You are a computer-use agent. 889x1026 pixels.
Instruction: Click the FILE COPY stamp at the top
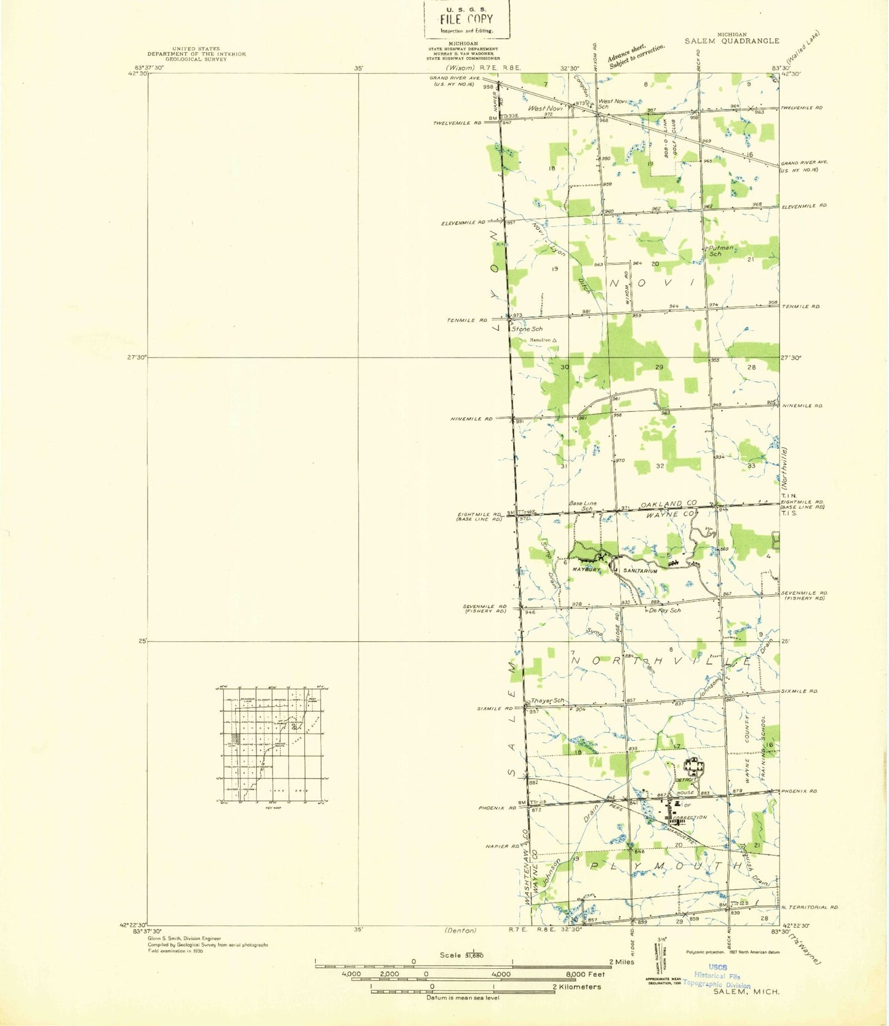click(x=466, y=19)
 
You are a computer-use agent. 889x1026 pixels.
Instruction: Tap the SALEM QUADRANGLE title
click(x=732, y=41)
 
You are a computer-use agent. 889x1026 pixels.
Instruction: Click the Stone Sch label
click(x=528, y=329)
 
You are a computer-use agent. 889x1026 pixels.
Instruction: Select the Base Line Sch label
click(x=583, y=506)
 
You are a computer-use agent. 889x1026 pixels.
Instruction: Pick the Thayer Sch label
click(x=547, y=701)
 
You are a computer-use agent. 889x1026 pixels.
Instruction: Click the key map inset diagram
click(x=270, y=744)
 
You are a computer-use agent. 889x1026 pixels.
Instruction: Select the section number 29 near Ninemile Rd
click(x=659, y=367)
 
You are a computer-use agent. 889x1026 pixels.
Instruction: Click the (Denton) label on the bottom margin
click(x=460, y=930)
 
